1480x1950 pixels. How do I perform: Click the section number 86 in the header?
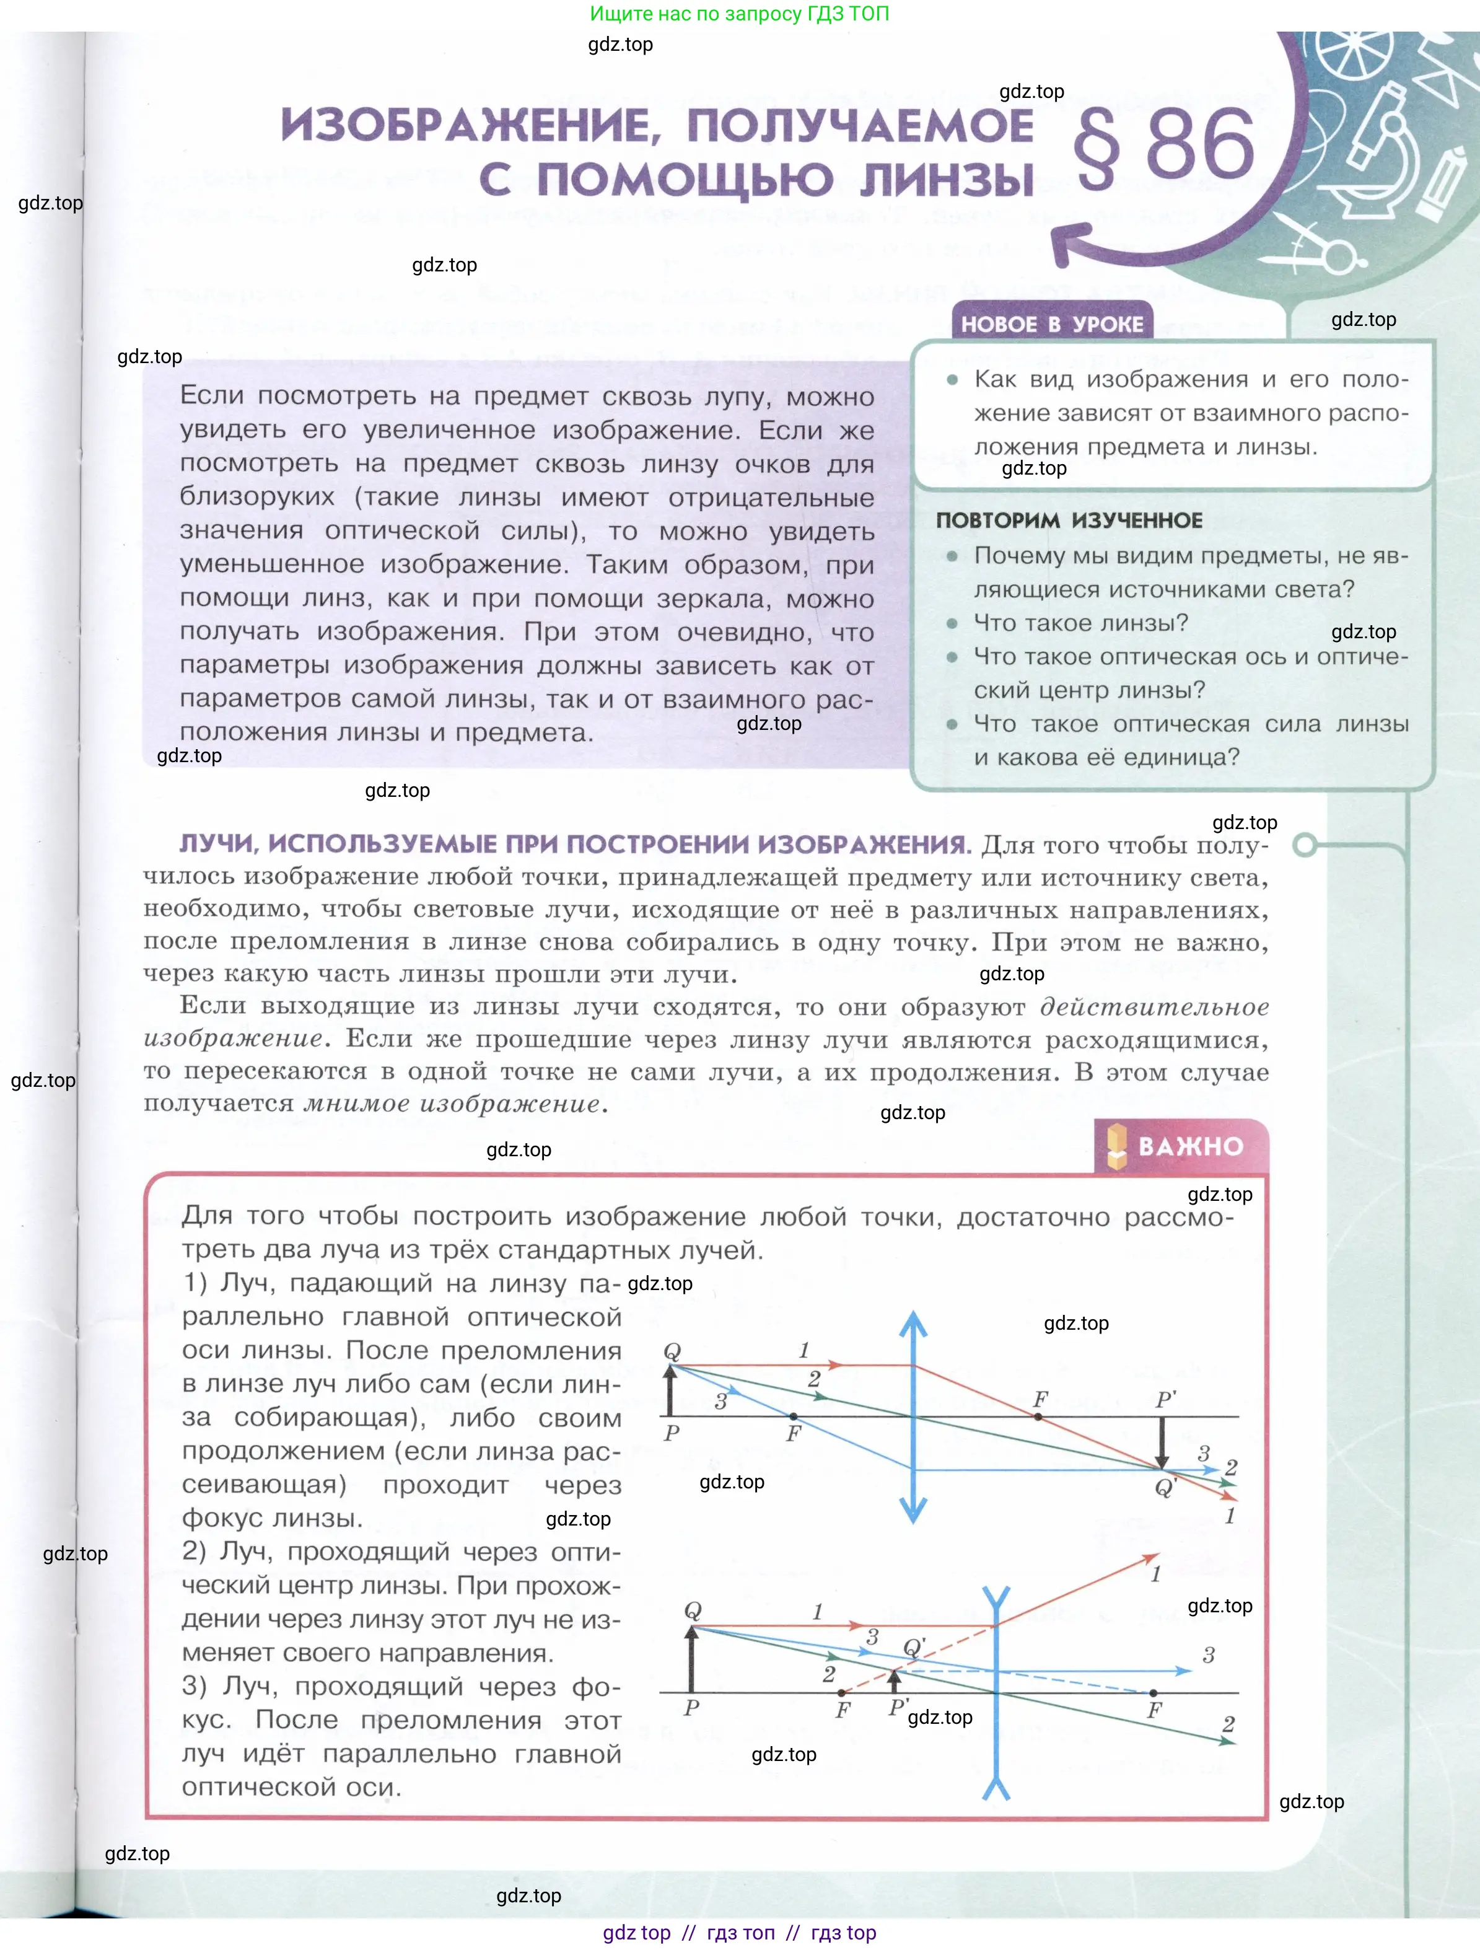pos(1201,146)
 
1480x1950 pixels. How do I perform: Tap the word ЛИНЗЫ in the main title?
pos(946,179)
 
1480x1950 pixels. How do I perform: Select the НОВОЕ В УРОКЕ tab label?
pos(1051,325)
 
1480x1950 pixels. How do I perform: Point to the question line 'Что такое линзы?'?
pos(1080,623)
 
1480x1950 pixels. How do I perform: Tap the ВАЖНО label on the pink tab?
pos(1190,1146)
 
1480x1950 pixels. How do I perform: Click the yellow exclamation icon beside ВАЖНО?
pos(1117,1146)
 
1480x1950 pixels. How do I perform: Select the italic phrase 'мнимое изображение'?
pos(452,1104)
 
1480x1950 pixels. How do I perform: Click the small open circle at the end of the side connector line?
pos(1305,845)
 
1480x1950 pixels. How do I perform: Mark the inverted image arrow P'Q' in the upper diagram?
pos(1162,1443)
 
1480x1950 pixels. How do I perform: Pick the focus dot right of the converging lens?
pos(1038,1416)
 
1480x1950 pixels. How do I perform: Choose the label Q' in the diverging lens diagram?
pos(914,1647)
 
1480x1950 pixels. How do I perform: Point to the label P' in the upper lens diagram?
pos(1165,1399)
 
